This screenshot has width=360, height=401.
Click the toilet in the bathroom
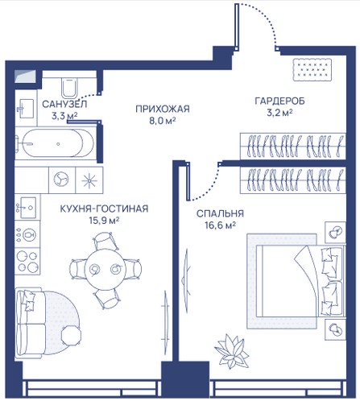(x=70, y=88)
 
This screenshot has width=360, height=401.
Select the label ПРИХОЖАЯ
(x=163, y=109)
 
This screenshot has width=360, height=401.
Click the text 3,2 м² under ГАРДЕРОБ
(x=279, y=113)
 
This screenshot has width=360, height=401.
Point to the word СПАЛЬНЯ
(x=220, y=213)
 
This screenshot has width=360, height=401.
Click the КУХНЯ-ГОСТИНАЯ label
(x=104, y=209)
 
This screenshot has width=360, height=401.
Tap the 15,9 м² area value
(x=104, y=221)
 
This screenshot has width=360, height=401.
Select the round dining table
(x=105, y=269)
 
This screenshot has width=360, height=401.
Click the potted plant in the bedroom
(x=232, y=351)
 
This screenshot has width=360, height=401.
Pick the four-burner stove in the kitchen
(x=27, y=261)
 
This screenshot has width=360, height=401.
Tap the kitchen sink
(x=27, y=208)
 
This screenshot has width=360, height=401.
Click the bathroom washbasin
(x=27, y=109)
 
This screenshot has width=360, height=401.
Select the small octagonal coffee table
(x=71, y=335)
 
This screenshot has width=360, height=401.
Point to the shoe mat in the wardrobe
(x=312, y=70)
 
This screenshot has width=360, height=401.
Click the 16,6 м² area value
(x=220, y=225)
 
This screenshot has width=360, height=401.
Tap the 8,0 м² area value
(x=163, y=121)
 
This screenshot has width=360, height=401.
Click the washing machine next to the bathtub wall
(x=62, y=180)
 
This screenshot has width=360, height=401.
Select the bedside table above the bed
(x=335, y=233)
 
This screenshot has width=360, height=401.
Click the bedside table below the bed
(x=335, y=330)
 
